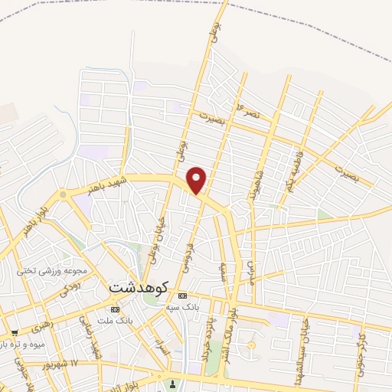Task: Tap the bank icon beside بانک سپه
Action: [182, 296]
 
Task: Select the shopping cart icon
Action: [15, 333]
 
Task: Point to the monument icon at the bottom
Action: [174, 385]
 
